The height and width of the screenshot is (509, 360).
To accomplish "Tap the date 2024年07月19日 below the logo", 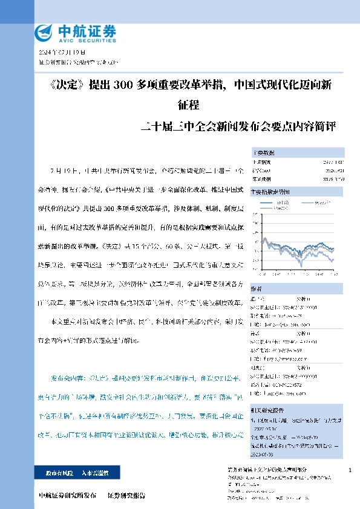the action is [57, 53].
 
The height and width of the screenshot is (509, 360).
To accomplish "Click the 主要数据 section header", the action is [264, 153].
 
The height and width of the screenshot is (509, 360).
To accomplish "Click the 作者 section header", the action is [257, 289].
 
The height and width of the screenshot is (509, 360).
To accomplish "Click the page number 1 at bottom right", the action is [351, 470].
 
